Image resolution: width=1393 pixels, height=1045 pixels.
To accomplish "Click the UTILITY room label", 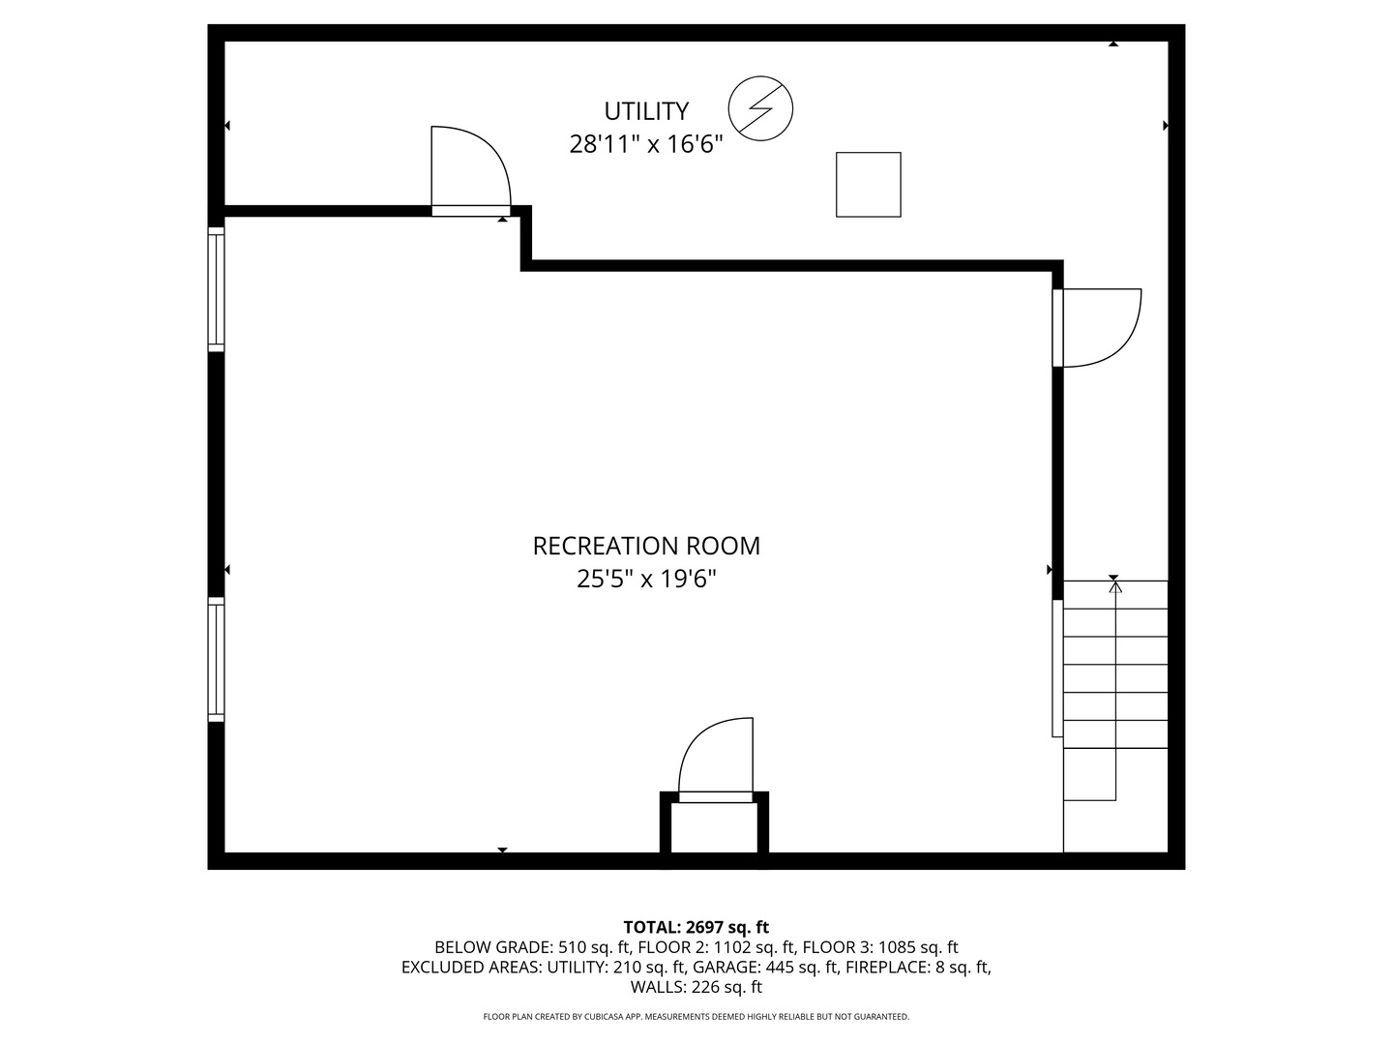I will (646, 110).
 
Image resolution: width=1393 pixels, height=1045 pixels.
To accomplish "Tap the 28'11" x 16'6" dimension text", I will (646, 145).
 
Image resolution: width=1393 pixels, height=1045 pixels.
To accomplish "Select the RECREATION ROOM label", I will (646, 546).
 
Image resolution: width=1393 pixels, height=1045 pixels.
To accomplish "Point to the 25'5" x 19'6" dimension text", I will (646, 580).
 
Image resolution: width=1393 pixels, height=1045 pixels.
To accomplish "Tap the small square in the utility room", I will (869, 184).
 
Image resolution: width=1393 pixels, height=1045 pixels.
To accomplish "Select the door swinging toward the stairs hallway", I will (1098, 328).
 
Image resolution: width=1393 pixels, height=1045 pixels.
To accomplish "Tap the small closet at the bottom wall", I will (715, 827).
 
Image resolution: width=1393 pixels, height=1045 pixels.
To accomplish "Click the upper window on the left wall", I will (217, 287).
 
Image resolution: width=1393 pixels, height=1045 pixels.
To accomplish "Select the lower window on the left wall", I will (217, 659).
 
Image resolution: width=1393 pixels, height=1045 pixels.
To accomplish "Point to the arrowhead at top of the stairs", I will (1115, 585).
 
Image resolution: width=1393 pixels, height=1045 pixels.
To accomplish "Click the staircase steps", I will (1115, 677).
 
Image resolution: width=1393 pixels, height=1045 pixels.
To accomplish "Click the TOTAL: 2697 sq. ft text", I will (696, 927).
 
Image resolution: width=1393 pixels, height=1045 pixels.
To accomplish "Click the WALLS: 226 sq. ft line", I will (696, 987).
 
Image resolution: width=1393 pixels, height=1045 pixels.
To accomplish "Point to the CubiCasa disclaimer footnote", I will (696, 1017).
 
